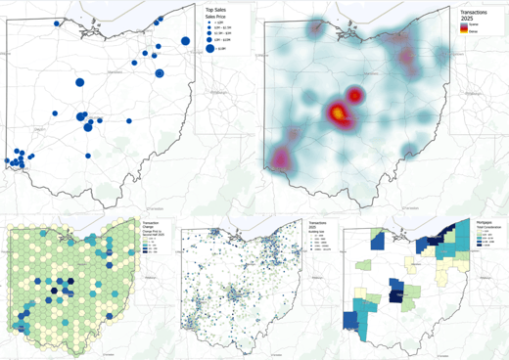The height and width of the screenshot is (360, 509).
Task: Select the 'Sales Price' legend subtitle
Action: (215, 17)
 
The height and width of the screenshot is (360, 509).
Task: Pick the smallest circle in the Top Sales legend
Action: (210, 23)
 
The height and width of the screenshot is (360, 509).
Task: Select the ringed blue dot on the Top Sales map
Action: (160, 73)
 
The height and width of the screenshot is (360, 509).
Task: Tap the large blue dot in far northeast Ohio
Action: (184, 40)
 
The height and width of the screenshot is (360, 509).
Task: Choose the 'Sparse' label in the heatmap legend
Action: (473, 26)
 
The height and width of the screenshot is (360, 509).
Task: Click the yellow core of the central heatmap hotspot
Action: (336, 113)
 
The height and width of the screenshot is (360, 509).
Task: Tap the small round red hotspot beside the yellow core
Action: (355, 95)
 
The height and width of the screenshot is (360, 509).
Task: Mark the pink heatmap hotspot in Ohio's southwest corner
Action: (283, 157)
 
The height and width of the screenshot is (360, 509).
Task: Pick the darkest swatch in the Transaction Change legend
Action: (146, 253)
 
